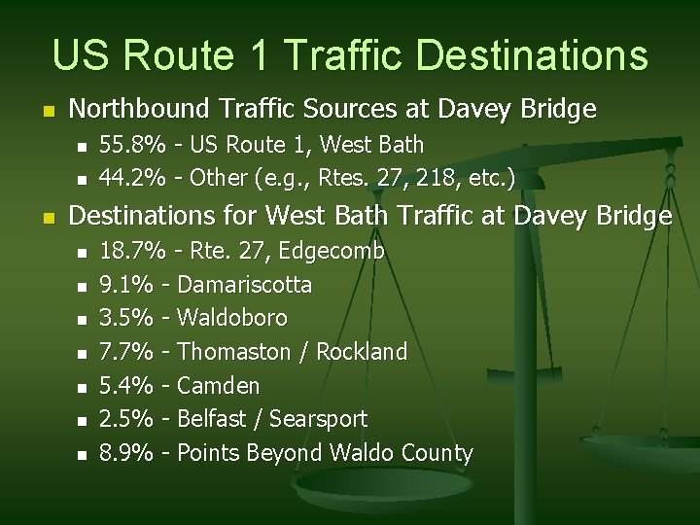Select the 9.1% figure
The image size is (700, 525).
[x=127, y=285]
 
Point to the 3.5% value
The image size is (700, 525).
[x=127, y=318]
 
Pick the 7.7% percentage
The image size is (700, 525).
[x=127, y=351]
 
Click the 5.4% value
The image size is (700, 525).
[x=127, y=386]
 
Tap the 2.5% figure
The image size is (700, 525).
[x=127, y=419]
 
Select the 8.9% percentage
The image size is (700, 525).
[x=127, y=453]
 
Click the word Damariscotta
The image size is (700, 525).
[x=245, y=285]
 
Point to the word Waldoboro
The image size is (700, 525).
[x=233, y=318]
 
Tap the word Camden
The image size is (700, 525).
[x=219, y=386]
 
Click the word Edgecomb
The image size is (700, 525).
[x=331, y=252]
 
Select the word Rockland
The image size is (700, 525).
[x=363, y=351]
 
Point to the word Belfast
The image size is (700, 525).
[x=212, y=419]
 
